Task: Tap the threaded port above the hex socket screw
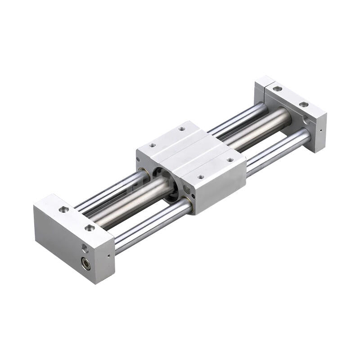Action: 85,248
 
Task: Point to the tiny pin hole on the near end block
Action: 108,256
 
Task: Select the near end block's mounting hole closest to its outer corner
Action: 64,209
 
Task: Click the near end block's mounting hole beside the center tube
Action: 90,228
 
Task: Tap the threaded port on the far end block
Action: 306,120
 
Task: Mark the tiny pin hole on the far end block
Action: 320,131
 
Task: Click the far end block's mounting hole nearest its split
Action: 278,89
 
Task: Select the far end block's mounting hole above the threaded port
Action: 304,104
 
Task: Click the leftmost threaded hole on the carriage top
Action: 153,145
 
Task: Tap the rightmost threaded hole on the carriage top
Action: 230,160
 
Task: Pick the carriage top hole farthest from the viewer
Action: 182,129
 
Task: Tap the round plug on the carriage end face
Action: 186,189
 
